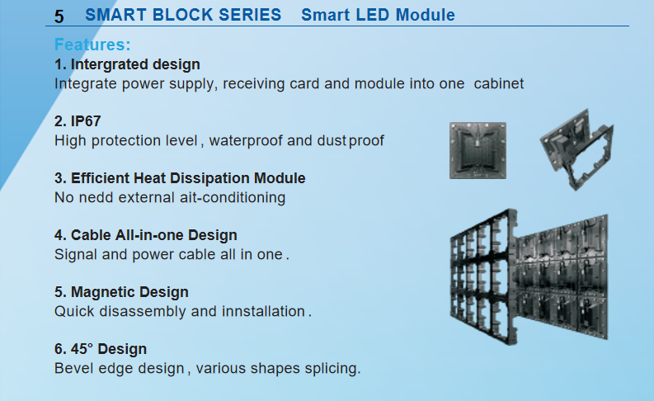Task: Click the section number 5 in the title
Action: [59, 17]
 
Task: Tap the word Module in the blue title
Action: [425, 15]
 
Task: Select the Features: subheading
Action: [92, 45]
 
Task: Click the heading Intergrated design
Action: [127, 64]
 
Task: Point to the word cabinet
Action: [498, 83]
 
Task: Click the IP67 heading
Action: [78, 121]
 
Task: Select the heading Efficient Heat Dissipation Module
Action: [180, 178]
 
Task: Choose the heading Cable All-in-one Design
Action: [146, 235]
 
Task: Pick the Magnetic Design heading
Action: [121, 292]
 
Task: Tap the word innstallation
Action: [263, 311]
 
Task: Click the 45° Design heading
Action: [101, 349]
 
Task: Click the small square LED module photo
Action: [478, 151]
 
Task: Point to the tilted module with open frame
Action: [577, 149]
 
